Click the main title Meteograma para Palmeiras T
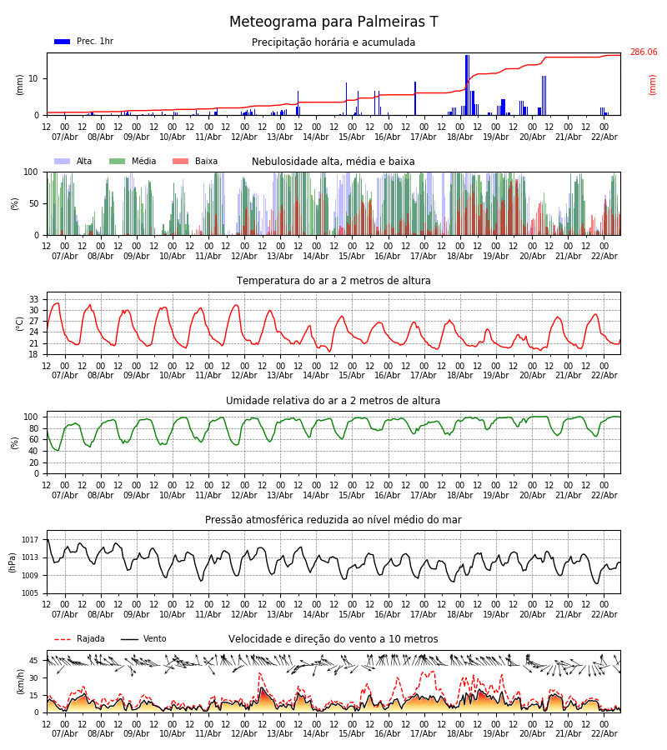point(333,22)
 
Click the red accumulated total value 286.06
point(643,52)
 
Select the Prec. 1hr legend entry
point(83,42)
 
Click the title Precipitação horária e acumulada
point(333,42)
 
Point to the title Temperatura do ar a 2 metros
point(333,281)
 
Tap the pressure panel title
point(333,520)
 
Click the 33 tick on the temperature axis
point(34,299)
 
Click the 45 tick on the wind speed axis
point(34,661)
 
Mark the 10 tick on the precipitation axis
point(34,78)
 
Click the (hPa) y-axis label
point(13,562)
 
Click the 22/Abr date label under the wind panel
point(604,733)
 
